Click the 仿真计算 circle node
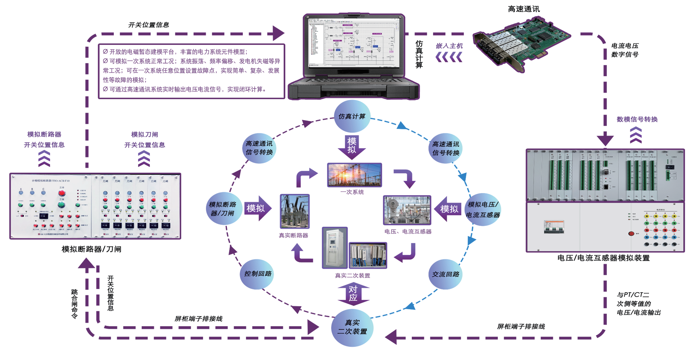click(352, 117)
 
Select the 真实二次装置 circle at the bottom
click(352, 327)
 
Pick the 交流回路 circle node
click(445, 274)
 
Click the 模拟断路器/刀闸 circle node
click(223, 209)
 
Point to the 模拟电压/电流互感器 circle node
click(482, 209)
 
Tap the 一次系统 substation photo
click(354, 175)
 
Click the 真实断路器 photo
click(295, 211)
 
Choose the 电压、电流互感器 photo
click(407, 210)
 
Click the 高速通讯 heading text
click(524, 9)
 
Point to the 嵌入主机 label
click(449, 46)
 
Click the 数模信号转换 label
click(637, 119)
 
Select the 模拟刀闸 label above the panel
click(144, 134)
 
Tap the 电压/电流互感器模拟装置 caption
click(603, 258)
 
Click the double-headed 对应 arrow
click(353, 294)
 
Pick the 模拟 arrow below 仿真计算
click(352, 146)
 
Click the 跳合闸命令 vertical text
click(75, 304)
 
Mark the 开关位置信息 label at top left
click(148, 25)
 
